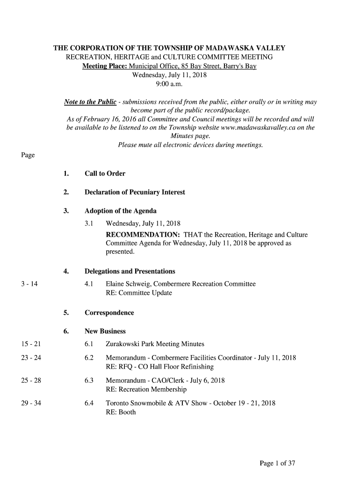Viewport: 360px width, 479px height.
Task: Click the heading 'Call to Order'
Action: click(x=105, y=174)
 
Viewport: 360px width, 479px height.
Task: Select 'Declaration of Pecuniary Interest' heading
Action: click(x=135, y=192)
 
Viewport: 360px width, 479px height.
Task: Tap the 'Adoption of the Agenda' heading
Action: click(x=120, y=211)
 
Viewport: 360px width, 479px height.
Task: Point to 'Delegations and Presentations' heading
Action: click(x=130, y=271)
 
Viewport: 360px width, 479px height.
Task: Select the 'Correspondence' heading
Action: click(x=109, y=312)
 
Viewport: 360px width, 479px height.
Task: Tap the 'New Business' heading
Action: click(x=105, y=331)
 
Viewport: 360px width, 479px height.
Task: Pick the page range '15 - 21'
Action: click(x=31, y=344)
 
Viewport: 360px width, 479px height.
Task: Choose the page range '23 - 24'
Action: click(x=31, y=358)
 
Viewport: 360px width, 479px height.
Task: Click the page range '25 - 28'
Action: click(x=31, y=380)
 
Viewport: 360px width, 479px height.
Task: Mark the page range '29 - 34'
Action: click(x=31, y=403)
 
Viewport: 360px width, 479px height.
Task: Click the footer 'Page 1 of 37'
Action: click(x=277, y=463)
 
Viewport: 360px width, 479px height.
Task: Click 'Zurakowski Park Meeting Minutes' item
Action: click(x=155, y=344)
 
